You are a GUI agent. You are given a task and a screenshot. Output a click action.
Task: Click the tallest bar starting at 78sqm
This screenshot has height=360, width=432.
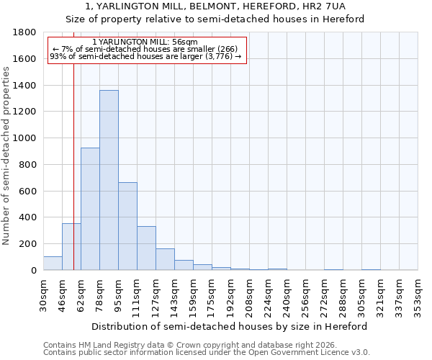pos(109,180)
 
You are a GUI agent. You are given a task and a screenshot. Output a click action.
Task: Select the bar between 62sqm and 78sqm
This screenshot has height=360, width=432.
pos(90,209)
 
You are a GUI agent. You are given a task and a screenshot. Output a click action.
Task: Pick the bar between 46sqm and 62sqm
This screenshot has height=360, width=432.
pos(71,247)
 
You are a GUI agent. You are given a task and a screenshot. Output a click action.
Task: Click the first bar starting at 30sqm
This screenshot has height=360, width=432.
pos(53,264)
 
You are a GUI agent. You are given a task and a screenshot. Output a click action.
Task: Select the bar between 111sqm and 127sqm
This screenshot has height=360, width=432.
pos(146,248)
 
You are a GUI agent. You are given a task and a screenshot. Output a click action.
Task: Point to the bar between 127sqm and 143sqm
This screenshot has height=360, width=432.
pos(165,260)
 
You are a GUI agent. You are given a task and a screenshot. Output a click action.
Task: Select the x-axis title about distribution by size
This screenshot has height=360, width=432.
pos(230,326)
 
